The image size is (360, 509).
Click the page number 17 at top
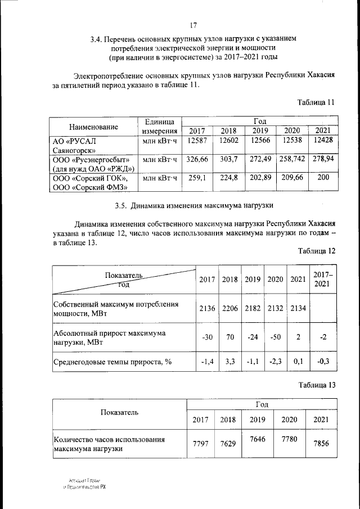[x=193, y=25]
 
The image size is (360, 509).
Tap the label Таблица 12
[x=316, y=251]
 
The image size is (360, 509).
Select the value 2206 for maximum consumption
[x=229, y=308]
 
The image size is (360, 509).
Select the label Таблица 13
[x=316, y=385]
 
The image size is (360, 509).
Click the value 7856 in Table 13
[x=321, y=444]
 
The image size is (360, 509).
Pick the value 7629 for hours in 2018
[x=228, y=444]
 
